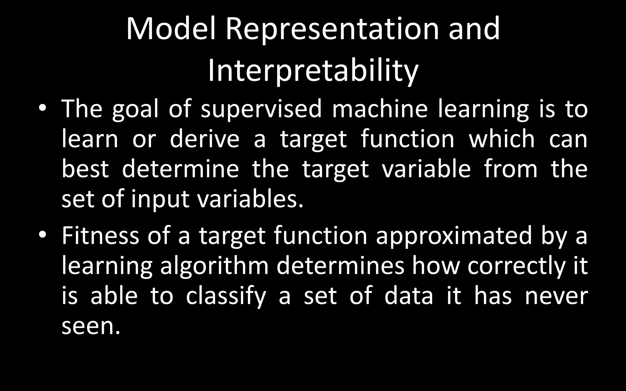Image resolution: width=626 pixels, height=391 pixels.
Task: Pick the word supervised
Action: [261, 110]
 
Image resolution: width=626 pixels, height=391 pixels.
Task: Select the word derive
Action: [204, 139]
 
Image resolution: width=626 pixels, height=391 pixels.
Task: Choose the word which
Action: [502, 139]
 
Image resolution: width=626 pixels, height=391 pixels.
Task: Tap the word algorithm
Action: [214, 266]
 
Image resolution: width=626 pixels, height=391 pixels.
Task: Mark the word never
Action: [556, 296]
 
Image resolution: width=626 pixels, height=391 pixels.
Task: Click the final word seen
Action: [89, 326]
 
